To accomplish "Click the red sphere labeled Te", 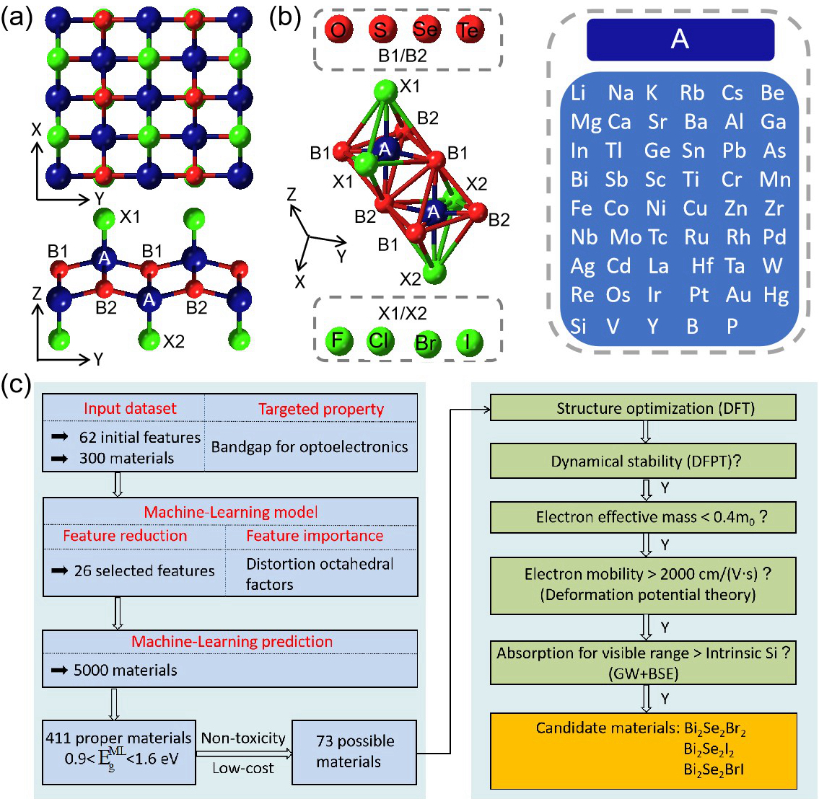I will pos(470,30).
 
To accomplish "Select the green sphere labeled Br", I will pos(426,342).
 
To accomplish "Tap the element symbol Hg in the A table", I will pos(776,295).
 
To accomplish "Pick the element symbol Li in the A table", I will pos(579,93).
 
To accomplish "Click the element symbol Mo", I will pos(626,237).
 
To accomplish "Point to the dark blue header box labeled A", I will pos(680,39).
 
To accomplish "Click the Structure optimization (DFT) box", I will pos(643,408).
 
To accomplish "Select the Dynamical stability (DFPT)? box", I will pos(643,461).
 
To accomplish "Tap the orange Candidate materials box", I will pos(643,751).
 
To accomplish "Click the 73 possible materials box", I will pos(354,751).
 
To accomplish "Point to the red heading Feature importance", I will pos(315,536).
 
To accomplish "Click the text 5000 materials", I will pos(126,670).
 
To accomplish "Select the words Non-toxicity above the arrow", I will pos(243,738).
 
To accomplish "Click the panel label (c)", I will pos(16,385).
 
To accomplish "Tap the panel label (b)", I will pos(284,17).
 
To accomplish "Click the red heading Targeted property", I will pos(321,409).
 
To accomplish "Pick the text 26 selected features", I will pos(144,570).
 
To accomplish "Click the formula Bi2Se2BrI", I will pos(714,769).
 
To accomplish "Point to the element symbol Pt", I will pos(699,295).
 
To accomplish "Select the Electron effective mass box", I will pos(643,518).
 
